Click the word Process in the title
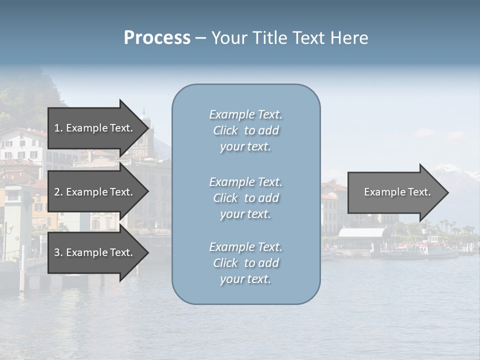pyautogui.click(x=157, y=38)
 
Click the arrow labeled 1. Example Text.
pyautogui.click(x=95, y=128)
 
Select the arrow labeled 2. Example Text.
pyautogui.click(x=95, y=192)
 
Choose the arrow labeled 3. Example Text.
pyautogui.click(x=95, y=252)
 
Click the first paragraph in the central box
pyautogui.click(x=245, y=130)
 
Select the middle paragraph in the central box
pyautogui.click(x=245, y=198)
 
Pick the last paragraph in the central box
pyautogui.click(x=245, y=263)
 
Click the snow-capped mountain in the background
pyautogui.click(x=457, y=172)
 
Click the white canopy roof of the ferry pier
pyautogui.click(x=362, y=232)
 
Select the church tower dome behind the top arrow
pyautogui.click(x=144, y=118)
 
